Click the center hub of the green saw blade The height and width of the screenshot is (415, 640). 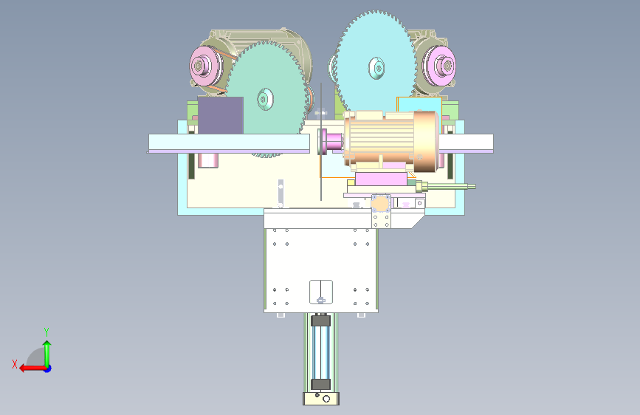265,99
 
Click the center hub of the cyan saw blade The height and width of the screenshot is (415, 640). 376,68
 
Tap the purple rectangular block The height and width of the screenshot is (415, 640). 221,115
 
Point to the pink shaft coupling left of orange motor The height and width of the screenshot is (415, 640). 333,141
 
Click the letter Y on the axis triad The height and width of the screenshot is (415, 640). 47,332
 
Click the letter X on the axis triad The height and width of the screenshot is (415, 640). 15,364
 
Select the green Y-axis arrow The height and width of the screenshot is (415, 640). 47,354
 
